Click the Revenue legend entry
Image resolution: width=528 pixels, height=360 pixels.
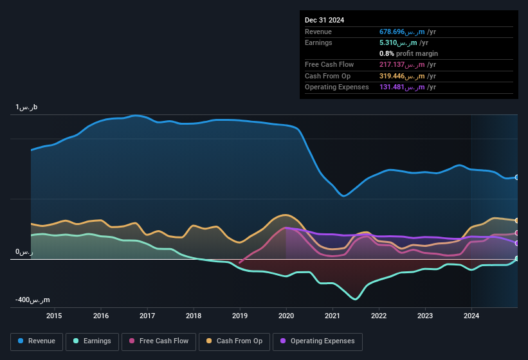pyautogui.click(x=37, y=341)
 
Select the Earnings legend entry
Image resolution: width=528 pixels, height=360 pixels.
pyautogui.click(x=93, y=341)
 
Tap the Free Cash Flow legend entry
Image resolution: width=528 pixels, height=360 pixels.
pyautogui.click(x=159, y=341)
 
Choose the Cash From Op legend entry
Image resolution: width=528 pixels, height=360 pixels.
pyautogui.click(x=234, y=341)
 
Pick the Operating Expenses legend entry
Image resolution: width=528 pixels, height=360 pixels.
pyautogui.click(x=318, y=341)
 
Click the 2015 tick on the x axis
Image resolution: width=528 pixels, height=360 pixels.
pyautogui.click(x=54, y=316)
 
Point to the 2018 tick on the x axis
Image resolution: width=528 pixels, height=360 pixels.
pyautogui.click(x=194, y=316)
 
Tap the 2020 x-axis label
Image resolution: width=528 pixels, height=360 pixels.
pyautogui.click(x=286, y=316)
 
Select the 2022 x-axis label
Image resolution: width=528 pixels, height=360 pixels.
pyautogui.click(x=379, y=316)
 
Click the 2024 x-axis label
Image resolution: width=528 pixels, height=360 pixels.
pyautogui.click(x=471, y=316)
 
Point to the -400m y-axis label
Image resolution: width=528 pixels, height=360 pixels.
pyautogui.click(x=33, y=300)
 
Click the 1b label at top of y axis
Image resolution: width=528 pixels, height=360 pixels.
pyautogui.click(x=26, y=107)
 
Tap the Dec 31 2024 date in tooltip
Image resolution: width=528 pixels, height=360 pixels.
pyautogui.click(x=325, y=20)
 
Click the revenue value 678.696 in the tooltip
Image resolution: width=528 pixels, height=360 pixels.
pyautogui.click(x=407, y=32)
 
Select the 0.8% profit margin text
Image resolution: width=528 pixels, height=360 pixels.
pyautogui.click(x=408, y=53)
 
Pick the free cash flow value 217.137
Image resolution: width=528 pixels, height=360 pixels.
pyautogui.click(x=407, y=65)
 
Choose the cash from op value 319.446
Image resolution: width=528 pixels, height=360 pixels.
pyautogui.click(x=407, y=76)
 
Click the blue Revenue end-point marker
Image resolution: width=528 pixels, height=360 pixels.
pyautogui.click(x=517, y=177)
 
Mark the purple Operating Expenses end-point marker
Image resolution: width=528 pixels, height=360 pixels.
pyautogui.click(x=517, y=243)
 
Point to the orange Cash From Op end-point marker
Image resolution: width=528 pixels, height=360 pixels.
pyautogui.click(x=517, y=221)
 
